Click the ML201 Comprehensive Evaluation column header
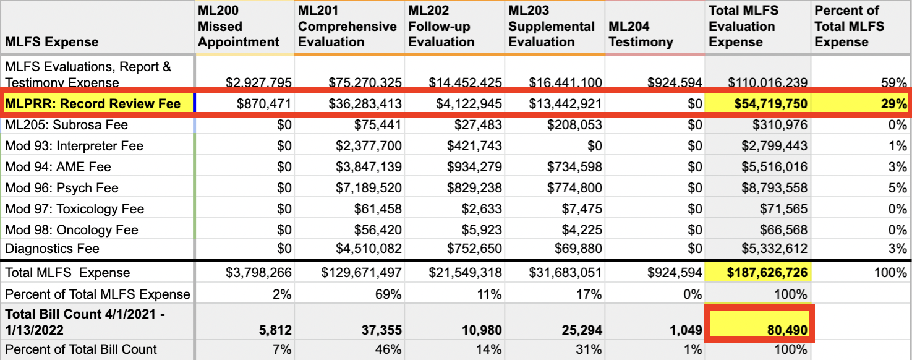click(347, 27)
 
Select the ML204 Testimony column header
click(641, 35)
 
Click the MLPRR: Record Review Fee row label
click(93, 103)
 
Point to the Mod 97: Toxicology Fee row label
click(75, 209)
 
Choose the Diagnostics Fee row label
click(53, 249)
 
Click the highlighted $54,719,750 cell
click(770, 103)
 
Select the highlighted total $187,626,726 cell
click(767, 273)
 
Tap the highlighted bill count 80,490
click(786, 330)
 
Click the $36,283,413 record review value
click(365, 103)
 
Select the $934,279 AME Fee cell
click(474, 167)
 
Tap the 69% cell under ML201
click(388, 294)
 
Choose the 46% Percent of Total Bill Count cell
click(388, 349)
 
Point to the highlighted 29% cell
click(893, 103)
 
